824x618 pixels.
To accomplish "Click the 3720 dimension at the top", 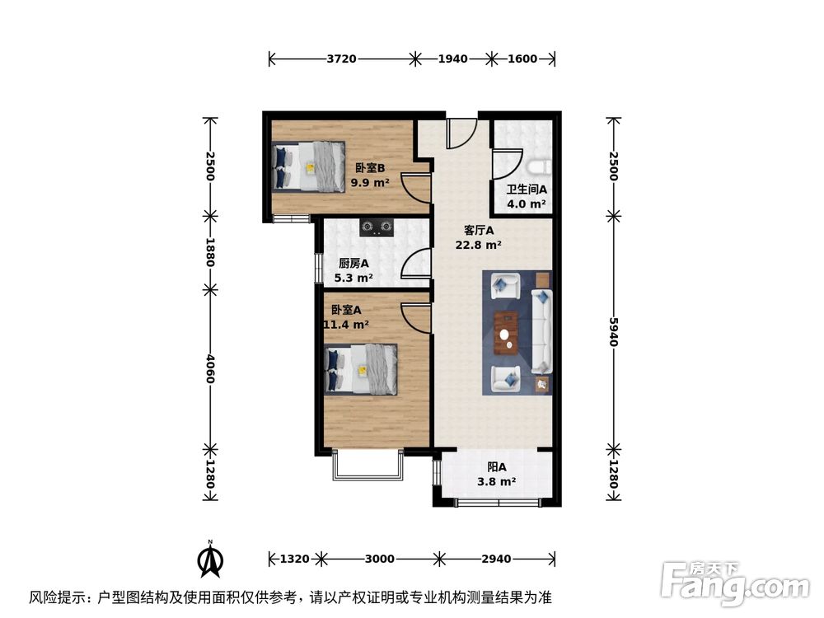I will coord(341,59).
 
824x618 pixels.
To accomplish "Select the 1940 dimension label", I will coord(452,59).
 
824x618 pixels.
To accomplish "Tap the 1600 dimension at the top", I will coord(522,59).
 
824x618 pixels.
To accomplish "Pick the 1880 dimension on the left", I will coord(210,252).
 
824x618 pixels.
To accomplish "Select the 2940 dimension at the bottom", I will coord(496,559).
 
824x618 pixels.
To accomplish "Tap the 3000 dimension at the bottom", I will coord(379,559).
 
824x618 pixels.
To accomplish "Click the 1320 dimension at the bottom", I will coord(295,559).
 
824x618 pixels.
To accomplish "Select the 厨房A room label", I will coord(354,264).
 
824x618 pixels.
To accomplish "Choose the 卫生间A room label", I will coord(527,190).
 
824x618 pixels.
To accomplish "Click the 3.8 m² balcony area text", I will coord(496,482).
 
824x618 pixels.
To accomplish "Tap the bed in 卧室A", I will coord(362,369).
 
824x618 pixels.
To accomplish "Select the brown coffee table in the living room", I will coord(505,331).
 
